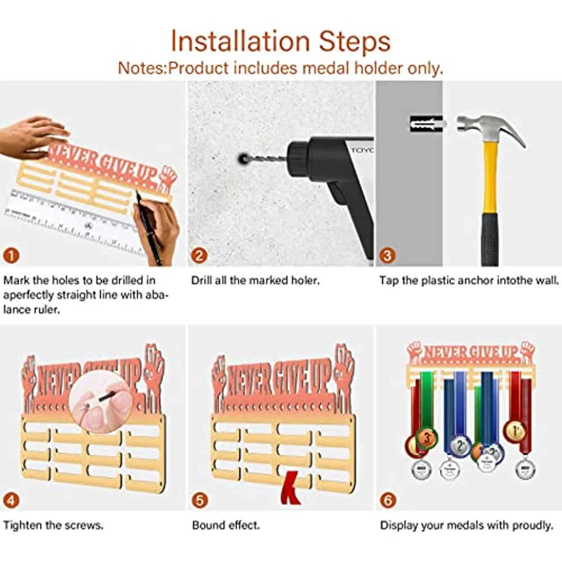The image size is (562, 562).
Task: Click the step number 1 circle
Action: point(11,256)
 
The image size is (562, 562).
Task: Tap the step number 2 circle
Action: point(200,256)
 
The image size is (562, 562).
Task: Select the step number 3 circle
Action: point(387,256)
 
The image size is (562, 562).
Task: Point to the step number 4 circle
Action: point(11,500)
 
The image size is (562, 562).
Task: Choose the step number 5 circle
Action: point(200,500)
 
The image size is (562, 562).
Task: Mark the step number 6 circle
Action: point(388,500)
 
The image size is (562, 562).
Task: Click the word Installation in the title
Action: point(240,41)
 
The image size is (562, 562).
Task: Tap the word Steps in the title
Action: point(355,42)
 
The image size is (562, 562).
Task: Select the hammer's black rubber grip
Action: point(490,239)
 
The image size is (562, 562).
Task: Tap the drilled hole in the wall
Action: point(243,158)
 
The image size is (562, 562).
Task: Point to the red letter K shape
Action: point(291,488)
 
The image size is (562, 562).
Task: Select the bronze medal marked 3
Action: point(426,438)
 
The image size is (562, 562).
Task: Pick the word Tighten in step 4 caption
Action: point(22,526)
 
